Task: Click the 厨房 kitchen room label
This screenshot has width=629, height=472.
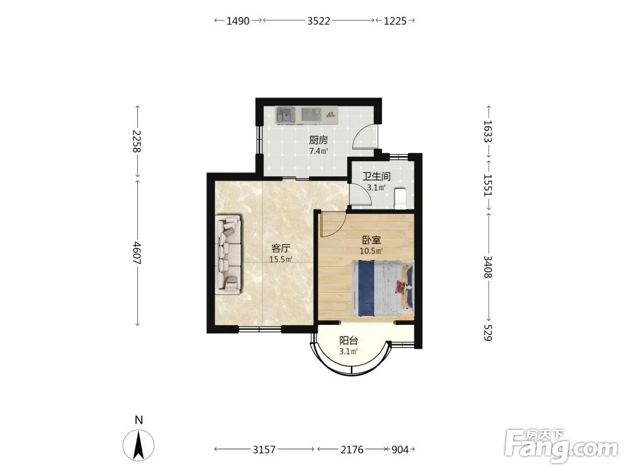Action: tap(318, 140)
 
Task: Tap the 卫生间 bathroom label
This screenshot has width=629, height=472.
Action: tap(376, 177)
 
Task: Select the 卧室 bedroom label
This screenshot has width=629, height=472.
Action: tap(371, 240)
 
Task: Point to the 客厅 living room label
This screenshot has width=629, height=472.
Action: tap(281, 248)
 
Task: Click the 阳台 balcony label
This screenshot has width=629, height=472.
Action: tap(348, 340)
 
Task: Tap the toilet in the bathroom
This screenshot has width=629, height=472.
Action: tap(401, 198)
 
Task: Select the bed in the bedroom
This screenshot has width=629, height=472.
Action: tap(382, 288)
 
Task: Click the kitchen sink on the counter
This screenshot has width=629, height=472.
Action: tap(286, 115)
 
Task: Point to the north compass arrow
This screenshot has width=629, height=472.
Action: tap(139, 445)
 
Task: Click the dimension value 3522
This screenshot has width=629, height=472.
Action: tap(318, 21)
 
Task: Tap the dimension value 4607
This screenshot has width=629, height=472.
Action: tap(136, 253)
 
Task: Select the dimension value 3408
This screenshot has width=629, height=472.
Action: tap(488, 267)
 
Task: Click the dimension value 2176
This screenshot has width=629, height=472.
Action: tap(352, 449)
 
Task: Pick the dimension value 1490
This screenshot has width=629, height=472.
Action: tap(238, 21)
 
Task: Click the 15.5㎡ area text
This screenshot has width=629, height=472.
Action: tap(281, 259)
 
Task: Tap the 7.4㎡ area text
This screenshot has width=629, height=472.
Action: tap(318, 151)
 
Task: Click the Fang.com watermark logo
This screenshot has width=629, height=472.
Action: tap(561, 446)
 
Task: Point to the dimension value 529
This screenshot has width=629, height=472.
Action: tap(488, 333)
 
